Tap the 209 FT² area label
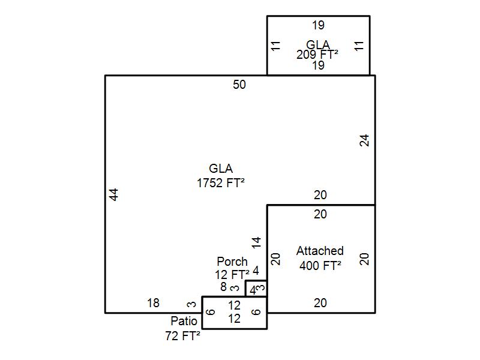(x=317, y=54)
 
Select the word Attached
(x=320, y=251)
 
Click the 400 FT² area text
(x=320, y=266)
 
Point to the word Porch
(x=232, y=262)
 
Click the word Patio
(x=184, y=321)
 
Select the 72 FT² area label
(x=182, y=337)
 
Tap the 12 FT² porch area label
(x=232, y=275)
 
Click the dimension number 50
(x=239, y=85)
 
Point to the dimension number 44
(x=114, y=194)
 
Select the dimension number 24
(x=364, y=140)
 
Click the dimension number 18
(x=153, y=304)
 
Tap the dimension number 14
(x=256, y=242)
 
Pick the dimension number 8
(x=223, y=287)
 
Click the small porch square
(x=256, y=289)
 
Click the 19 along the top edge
(x=318, y=25)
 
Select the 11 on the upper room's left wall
(x=275, y=46)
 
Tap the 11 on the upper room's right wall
(x=360, y=46)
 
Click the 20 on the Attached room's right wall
(x=364, y=259)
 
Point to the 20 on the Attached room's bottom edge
(x=320, y=304)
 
